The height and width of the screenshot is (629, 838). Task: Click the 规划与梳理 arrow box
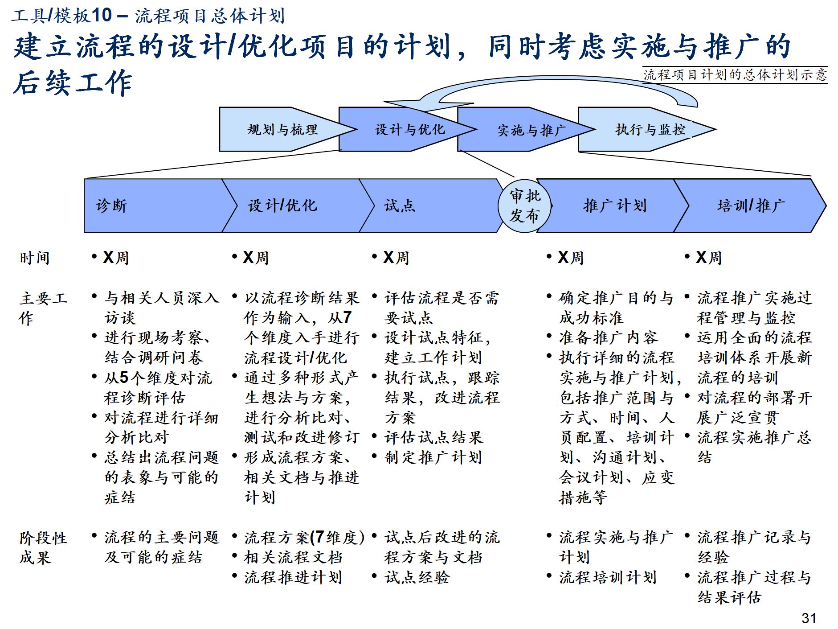tap(282, 130)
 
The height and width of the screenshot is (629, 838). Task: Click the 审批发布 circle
tap(524, 206)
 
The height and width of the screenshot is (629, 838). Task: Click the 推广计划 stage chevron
tap(614, 206)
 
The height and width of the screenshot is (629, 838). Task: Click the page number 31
tap(809, 618)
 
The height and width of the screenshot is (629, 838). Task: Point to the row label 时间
tap(34, 258)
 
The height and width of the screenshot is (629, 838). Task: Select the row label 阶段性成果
tap(43, 547)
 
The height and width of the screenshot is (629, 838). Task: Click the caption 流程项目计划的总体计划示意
tap(735, 74)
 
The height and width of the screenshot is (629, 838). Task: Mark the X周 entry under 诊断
tap(116, 258)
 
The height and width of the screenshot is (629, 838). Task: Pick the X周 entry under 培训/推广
tap(708, 258)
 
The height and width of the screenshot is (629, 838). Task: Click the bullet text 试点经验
tap(417, 577)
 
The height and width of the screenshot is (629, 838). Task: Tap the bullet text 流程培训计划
tap(608, 577)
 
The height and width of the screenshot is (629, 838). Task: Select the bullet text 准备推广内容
tap(609, 337)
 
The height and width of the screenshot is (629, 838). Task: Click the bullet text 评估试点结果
tap(433, 437)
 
